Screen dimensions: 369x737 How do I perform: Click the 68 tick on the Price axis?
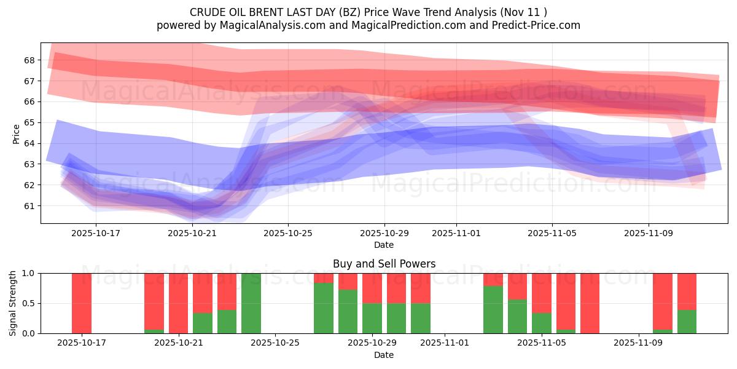coord(29,60)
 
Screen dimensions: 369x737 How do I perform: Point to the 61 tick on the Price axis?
coord(29,205)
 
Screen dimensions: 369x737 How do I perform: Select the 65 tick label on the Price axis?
coord(29,122)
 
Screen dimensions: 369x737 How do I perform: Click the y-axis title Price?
coord(16,133)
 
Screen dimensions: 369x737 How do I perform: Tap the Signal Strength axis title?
coord(13,303)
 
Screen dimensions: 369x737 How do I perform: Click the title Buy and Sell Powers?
coord(384,264)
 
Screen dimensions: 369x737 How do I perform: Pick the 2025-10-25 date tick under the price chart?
coord(289,233)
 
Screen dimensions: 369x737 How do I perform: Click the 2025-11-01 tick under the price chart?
coord(456,233)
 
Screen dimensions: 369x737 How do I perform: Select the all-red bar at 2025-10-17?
coord(82,303)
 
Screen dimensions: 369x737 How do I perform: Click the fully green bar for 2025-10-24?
coord(251,303)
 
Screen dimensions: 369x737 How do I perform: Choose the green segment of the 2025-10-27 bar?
coord(324,308)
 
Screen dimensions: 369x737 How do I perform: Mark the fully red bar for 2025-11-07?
coord(590,303)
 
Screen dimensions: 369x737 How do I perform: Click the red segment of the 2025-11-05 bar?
coord(542,293)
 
